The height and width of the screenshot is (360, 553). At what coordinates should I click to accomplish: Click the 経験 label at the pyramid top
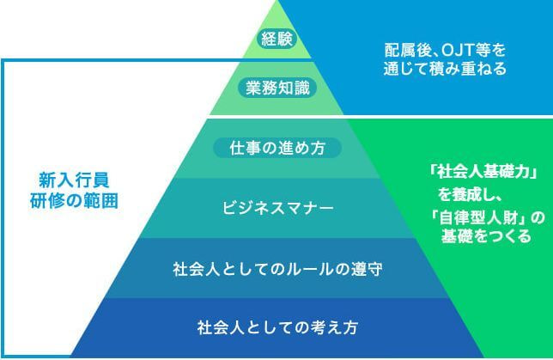(x=276, y=39)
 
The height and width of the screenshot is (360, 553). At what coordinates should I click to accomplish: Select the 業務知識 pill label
(x=276, y=88)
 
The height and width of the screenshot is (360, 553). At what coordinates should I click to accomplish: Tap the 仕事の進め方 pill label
(x=276, y=148)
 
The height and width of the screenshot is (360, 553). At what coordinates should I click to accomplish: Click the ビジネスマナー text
(x=276, y=208)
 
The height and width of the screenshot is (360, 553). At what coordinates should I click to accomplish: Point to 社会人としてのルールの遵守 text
(x=276, y=269)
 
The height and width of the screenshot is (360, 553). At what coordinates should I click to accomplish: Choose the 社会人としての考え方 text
(x=276, y=327)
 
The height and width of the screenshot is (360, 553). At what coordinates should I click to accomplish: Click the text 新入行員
(x=74, y=180)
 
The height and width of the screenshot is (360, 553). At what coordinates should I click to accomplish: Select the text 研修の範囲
(x=74, y=201)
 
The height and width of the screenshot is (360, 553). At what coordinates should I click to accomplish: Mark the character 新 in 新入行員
(x=46, y=180)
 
